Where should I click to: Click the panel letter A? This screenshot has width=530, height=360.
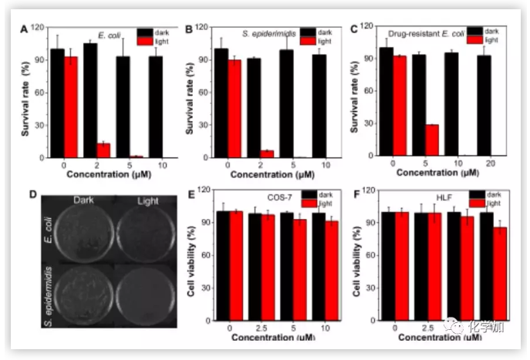24,29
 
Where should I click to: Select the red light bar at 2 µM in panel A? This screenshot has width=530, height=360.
103,150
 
